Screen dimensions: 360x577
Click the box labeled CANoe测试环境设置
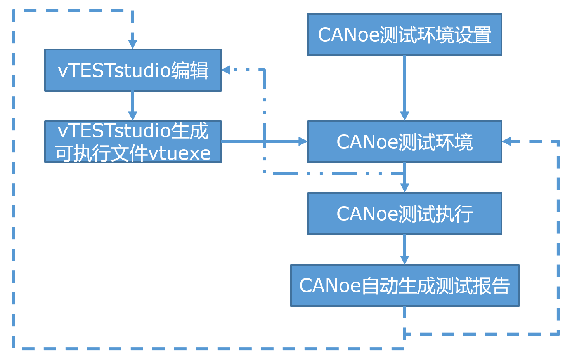[404, 35]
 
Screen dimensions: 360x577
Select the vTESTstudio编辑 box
[133, 70]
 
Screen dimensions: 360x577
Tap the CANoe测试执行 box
[404, 214]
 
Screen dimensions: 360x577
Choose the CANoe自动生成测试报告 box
[404, 286]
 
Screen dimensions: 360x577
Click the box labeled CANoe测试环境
[404, 142]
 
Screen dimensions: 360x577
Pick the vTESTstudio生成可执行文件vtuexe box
[133, 142]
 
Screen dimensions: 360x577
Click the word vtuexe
[179, 153]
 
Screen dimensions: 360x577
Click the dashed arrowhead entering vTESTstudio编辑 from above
[133, 44]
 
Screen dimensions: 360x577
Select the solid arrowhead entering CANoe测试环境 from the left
[302, 141]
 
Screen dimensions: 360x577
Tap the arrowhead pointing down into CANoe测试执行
[404, 188]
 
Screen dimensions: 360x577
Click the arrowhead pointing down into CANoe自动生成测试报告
[404, 260]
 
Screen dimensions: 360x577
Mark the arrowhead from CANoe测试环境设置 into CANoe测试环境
[404, 116]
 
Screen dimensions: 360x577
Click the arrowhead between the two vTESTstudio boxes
[133, 116]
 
